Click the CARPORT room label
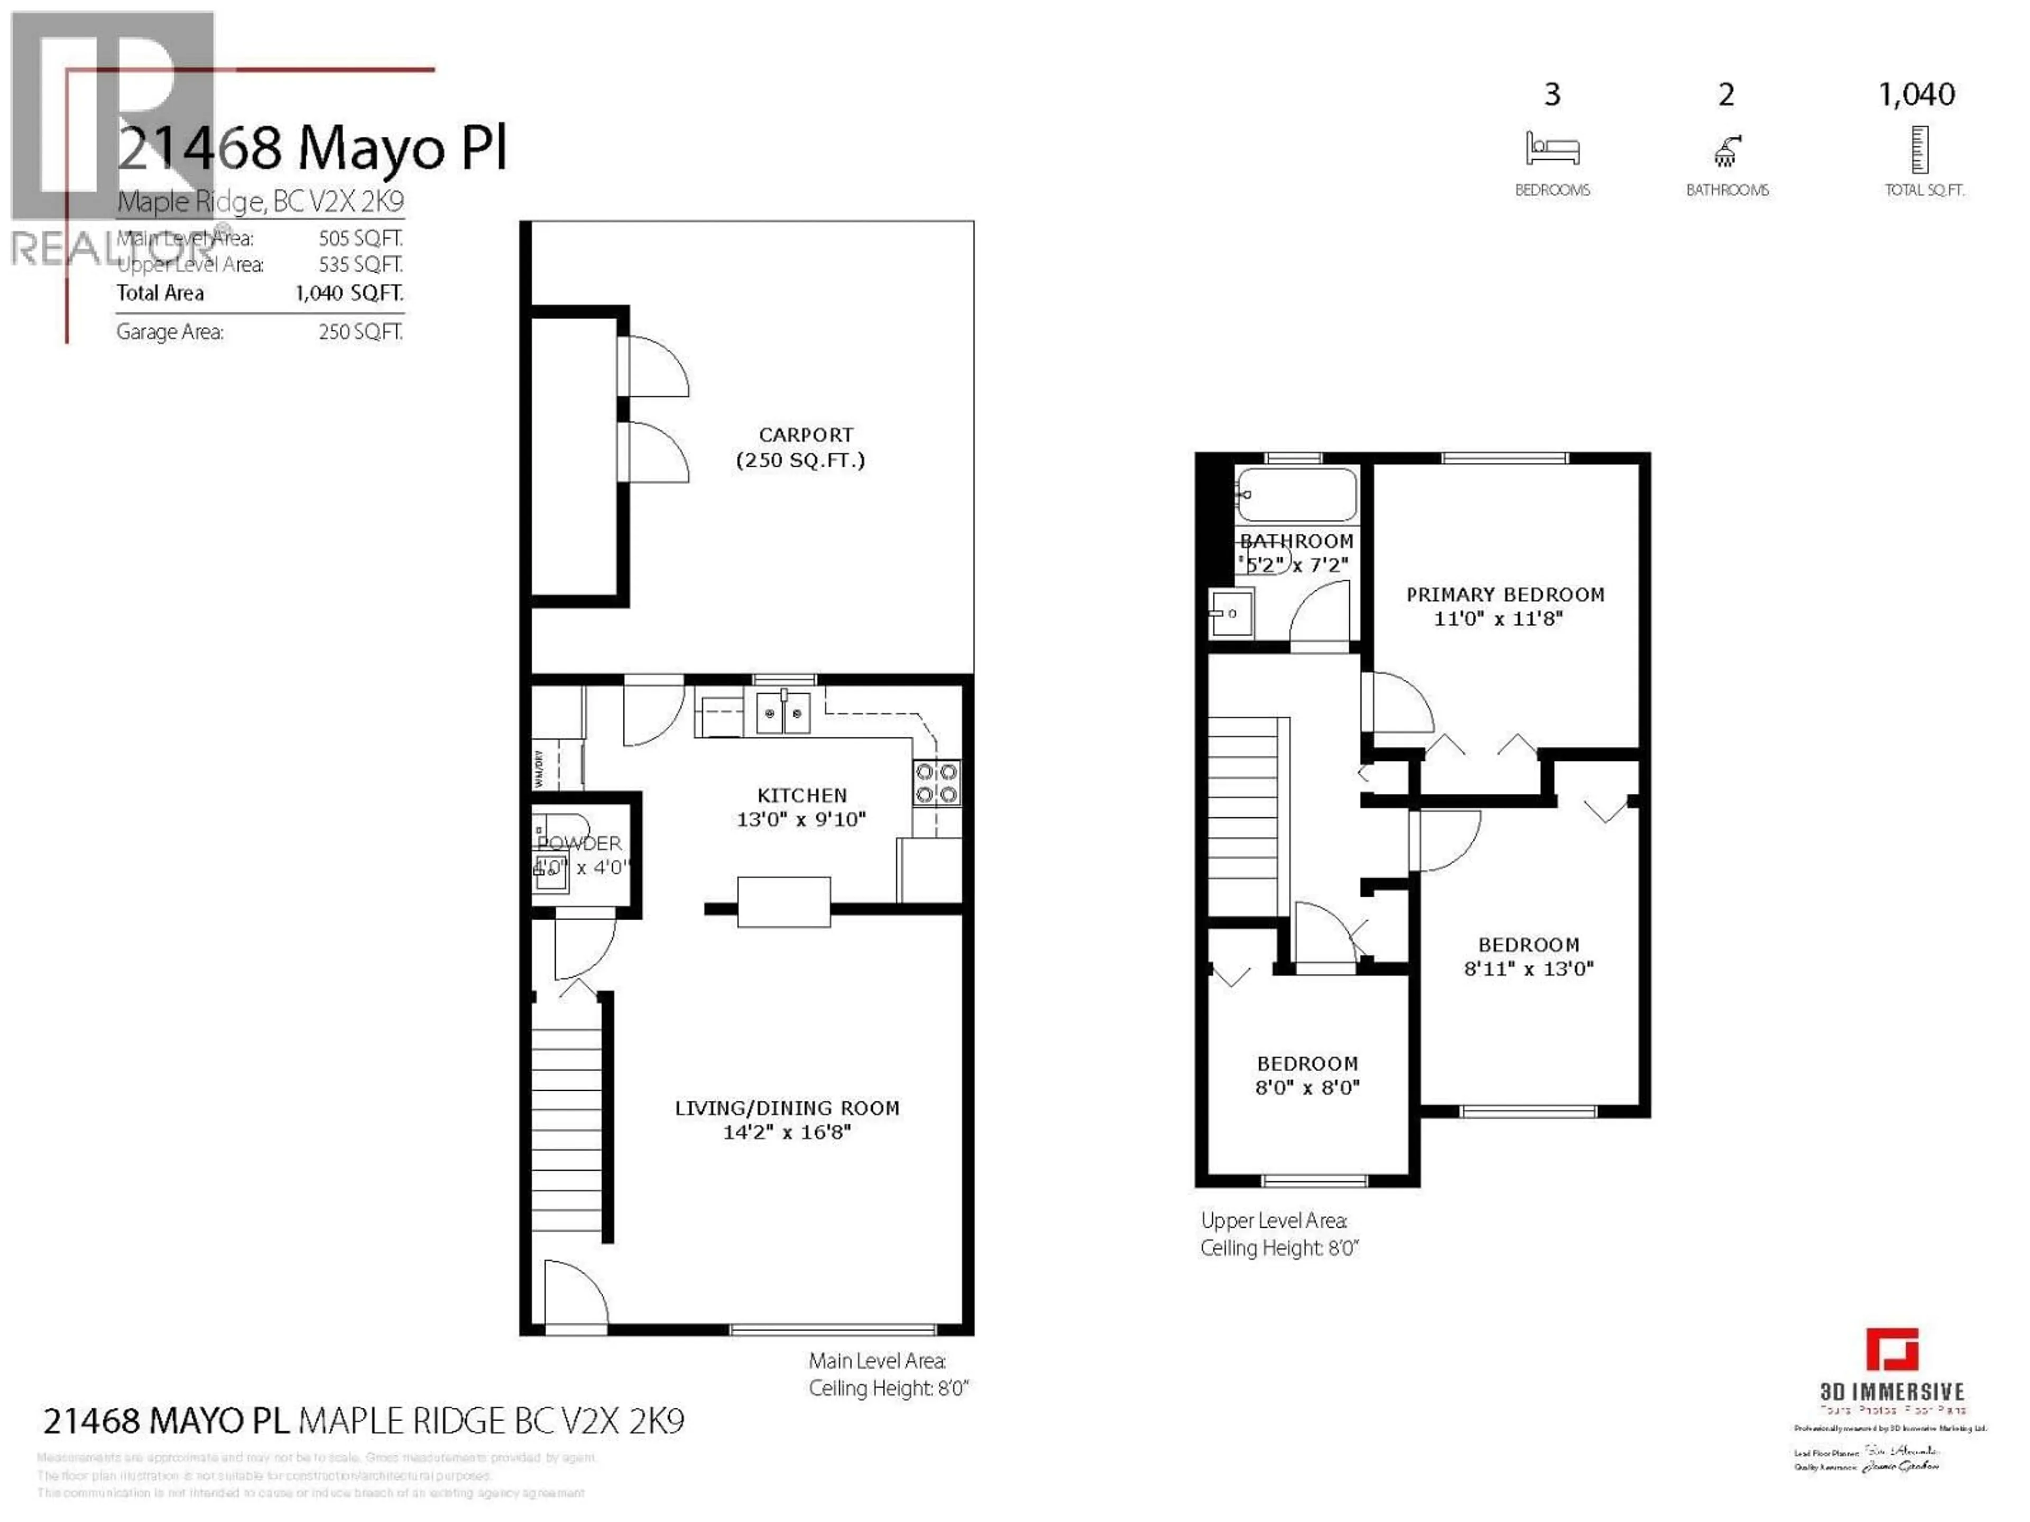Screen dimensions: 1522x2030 pos(805,435)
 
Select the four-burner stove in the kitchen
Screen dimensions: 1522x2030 pos(936,783)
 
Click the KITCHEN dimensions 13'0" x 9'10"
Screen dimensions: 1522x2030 pos(801,819)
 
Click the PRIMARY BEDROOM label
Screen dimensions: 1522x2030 pos(1505,595)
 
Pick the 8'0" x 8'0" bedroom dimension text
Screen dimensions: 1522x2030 pos(1307,1087)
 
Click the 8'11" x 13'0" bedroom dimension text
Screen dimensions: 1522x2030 pos(1528,968)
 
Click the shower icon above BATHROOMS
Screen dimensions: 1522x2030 pos(1726,151)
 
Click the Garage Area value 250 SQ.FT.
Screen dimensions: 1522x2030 pos(360,332)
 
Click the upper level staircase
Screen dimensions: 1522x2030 pos(1243,815)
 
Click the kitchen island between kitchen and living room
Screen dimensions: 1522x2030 pos(784,901)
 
